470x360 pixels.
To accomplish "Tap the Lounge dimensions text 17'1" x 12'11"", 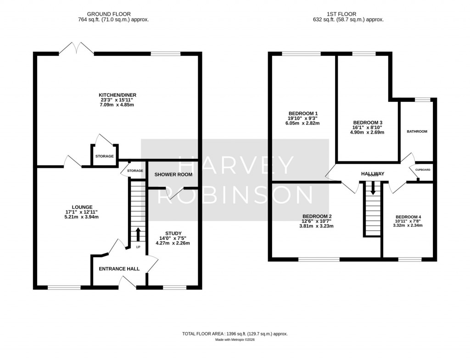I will tap(81, 212).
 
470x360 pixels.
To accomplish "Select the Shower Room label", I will tap(173, 175).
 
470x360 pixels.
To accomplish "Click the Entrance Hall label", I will tap(119, 269).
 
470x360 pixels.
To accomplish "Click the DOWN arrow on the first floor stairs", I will tap(373, 187).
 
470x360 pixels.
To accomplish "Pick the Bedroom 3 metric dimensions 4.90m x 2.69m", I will tap(367, 133).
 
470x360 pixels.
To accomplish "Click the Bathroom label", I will tap(417, 132).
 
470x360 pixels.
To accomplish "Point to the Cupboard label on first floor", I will tap(423, 170).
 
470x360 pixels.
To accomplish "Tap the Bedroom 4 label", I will tap(408, 217).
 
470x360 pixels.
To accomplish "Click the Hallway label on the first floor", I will tap(372, 173).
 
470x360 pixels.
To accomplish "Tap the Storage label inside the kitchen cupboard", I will tap(104, 156).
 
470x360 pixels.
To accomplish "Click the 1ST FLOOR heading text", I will tap(348, 14).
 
